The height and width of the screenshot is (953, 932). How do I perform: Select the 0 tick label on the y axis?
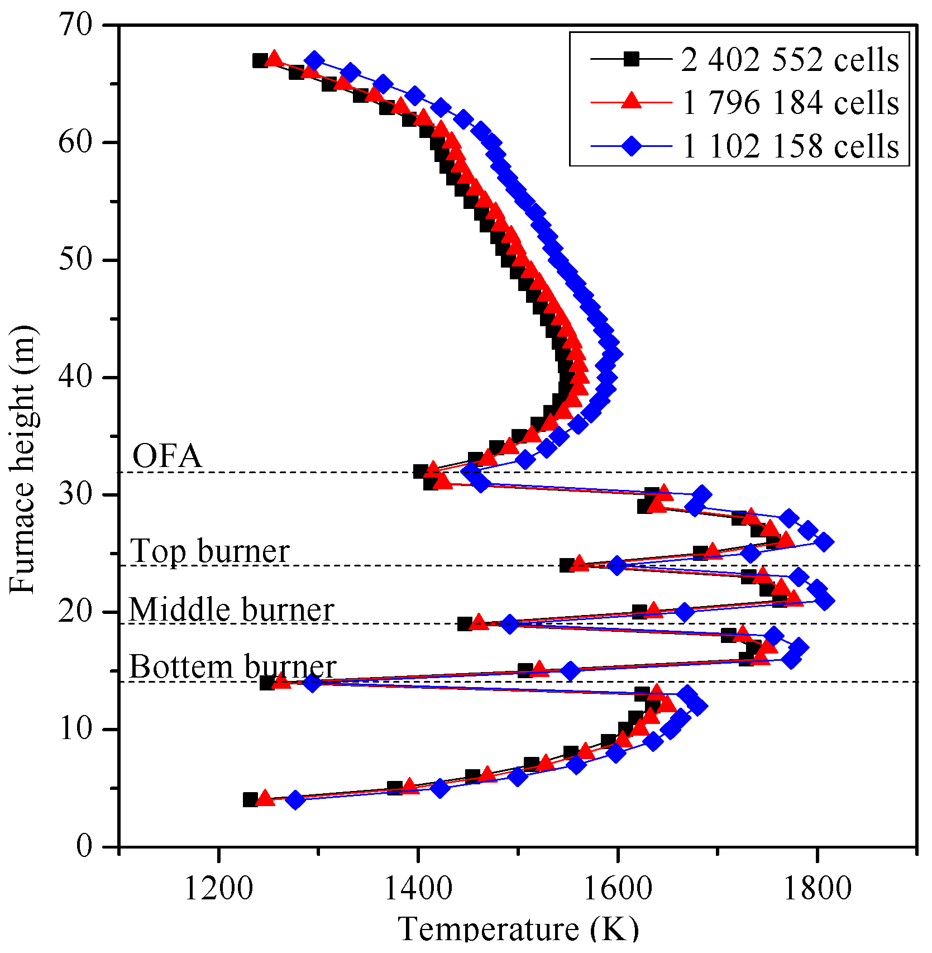(x=84, y=846)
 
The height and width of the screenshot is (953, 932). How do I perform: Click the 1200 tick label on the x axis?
(x=218, y=887)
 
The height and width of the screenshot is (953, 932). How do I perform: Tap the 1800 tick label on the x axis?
(x=817, y=887)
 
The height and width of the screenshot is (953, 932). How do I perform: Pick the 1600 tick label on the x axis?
(x=617, y=887)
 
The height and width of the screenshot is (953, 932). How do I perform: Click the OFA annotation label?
(x=167, y=456)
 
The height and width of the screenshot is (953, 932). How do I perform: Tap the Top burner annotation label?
(x=210, y=551)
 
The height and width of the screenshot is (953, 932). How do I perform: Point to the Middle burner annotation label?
(x=231, y=609)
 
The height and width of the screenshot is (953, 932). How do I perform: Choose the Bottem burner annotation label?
(x=232, y=667)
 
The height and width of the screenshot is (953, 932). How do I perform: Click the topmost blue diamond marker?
(x=315, y=60)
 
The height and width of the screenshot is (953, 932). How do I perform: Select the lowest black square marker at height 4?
(x=250, y=799)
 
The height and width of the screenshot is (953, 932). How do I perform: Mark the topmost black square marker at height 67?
(x=260, y=60)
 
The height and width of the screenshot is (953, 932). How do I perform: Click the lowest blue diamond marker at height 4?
(x=296, y=799)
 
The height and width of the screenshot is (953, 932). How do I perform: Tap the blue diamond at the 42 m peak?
(x=613, y=354)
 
